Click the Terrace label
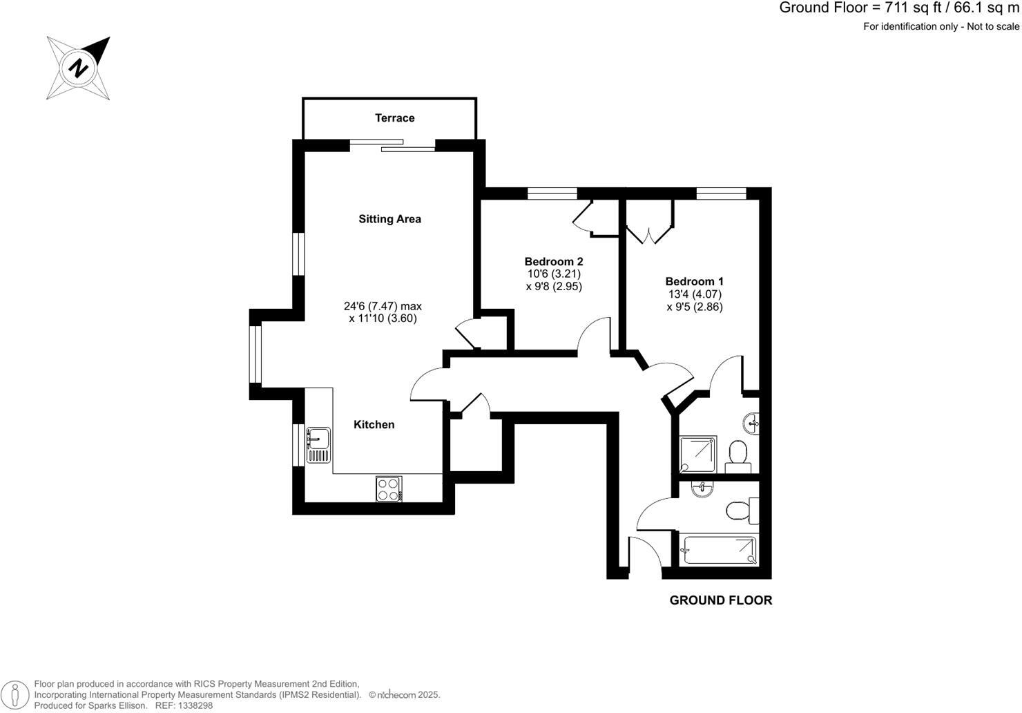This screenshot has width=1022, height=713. pos(394,118)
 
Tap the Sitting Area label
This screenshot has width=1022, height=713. pos(389,219)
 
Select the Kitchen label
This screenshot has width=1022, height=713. pos(374,424)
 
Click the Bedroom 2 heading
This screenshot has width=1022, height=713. pos(553,261)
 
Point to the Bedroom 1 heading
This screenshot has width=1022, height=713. pos(694,281)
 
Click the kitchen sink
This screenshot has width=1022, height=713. pos(318,445)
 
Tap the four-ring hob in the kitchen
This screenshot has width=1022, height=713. pos(388,489)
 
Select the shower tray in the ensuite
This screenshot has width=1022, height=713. pos(698,455)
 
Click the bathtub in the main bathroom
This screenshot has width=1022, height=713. pos(719,550)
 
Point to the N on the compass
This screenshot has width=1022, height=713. pos(79,68)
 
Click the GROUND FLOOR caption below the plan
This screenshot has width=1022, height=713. pos(720,600)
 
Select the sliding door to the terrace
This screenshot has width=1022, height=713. pos(392,145)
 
